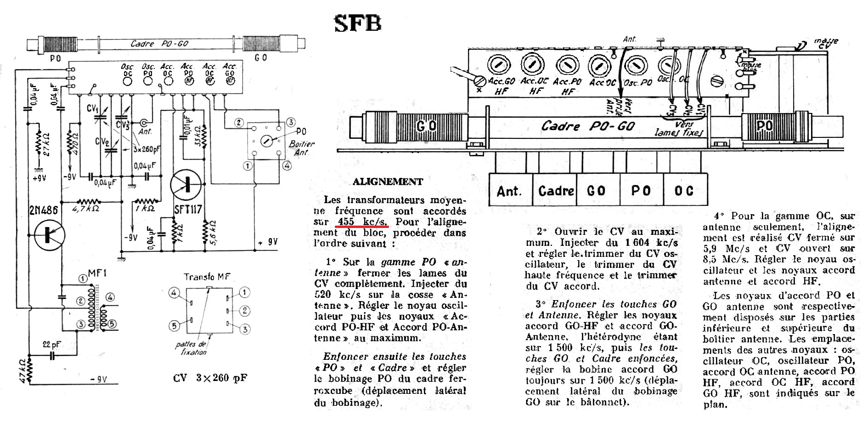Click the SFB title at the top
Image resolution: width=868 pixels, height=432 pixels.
358,23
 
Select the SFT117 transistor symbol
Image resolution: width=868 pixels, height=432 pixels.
186,184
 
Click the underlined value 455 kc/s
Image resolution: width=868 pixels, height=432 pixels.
362,222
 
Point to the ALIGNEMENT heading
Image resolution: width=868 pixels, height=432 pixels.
388,182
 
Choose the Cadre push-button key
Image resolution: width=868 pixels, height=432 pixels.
556,190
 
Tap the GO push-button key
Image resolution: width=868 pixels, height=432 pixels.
596,190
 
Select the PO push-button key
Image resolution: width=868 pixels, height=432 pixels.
641,190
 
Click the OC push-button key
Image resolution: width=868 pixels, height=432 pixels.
684,190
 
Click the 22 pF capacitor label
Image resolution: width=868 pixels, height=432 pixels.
52,344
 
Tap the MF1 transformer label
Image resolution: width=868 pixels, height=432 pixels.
97,274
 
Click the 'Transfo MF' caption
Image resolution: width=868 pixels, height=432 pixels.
207,277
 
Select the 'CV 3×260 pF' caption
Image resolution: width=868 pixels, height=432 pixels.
210,378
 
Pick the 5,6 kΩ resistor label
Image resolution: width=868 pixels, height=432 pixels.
213,233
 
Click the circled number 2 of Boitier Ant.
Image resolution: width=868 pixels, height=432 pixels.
239,122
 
